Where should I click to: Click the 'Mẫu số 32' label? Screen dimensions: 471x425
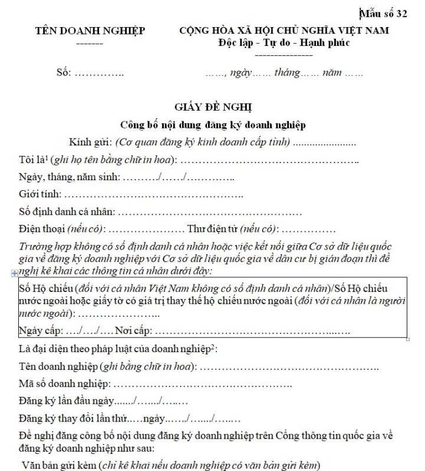[386, 14]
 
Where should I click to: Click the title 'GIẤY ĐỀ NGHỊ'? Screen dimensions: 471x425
[213, 107]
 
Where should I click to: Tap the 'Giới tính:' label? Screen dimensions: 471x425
[39, 194]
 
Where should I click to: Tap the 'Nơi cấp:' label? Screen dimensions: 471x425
[133, 330]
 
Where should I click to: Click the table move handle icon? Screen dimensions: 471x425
[14, 274]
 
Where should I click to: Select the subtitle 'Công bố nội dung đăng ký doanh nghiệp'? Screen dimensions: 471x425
[213, 125]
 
